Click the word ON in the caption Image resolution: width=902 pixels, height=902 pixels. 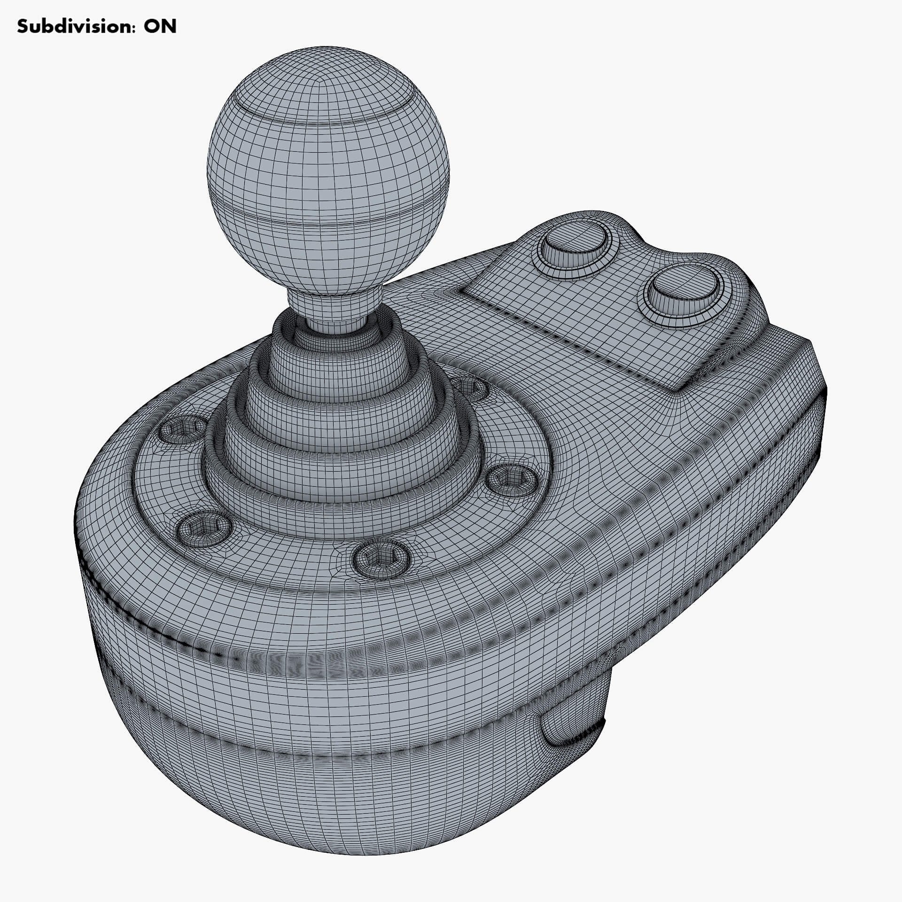click(160, 27)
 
